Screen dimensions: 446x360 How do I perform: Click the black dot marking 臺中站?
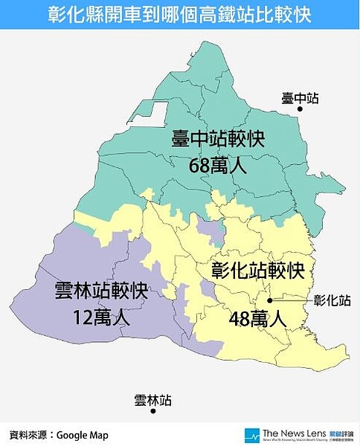pyautogui.click(x=300, y=109)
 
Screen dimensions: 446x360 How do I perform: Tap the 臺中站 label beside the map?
pyautogui.click(x=300, y=97)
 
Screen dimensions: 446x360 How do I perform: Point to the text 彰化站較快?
pyautogui.click(x=257, y=268)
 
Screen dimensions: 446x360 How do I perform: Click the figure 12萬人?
pyautogui.click(x=102, y=318)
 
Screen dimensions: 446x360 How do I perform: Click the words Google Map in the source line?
pyautogui.click(x=83, y=435)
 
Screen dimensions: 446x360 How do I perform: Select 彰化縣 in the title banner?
pyautogui.click(x=68, y=15)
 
